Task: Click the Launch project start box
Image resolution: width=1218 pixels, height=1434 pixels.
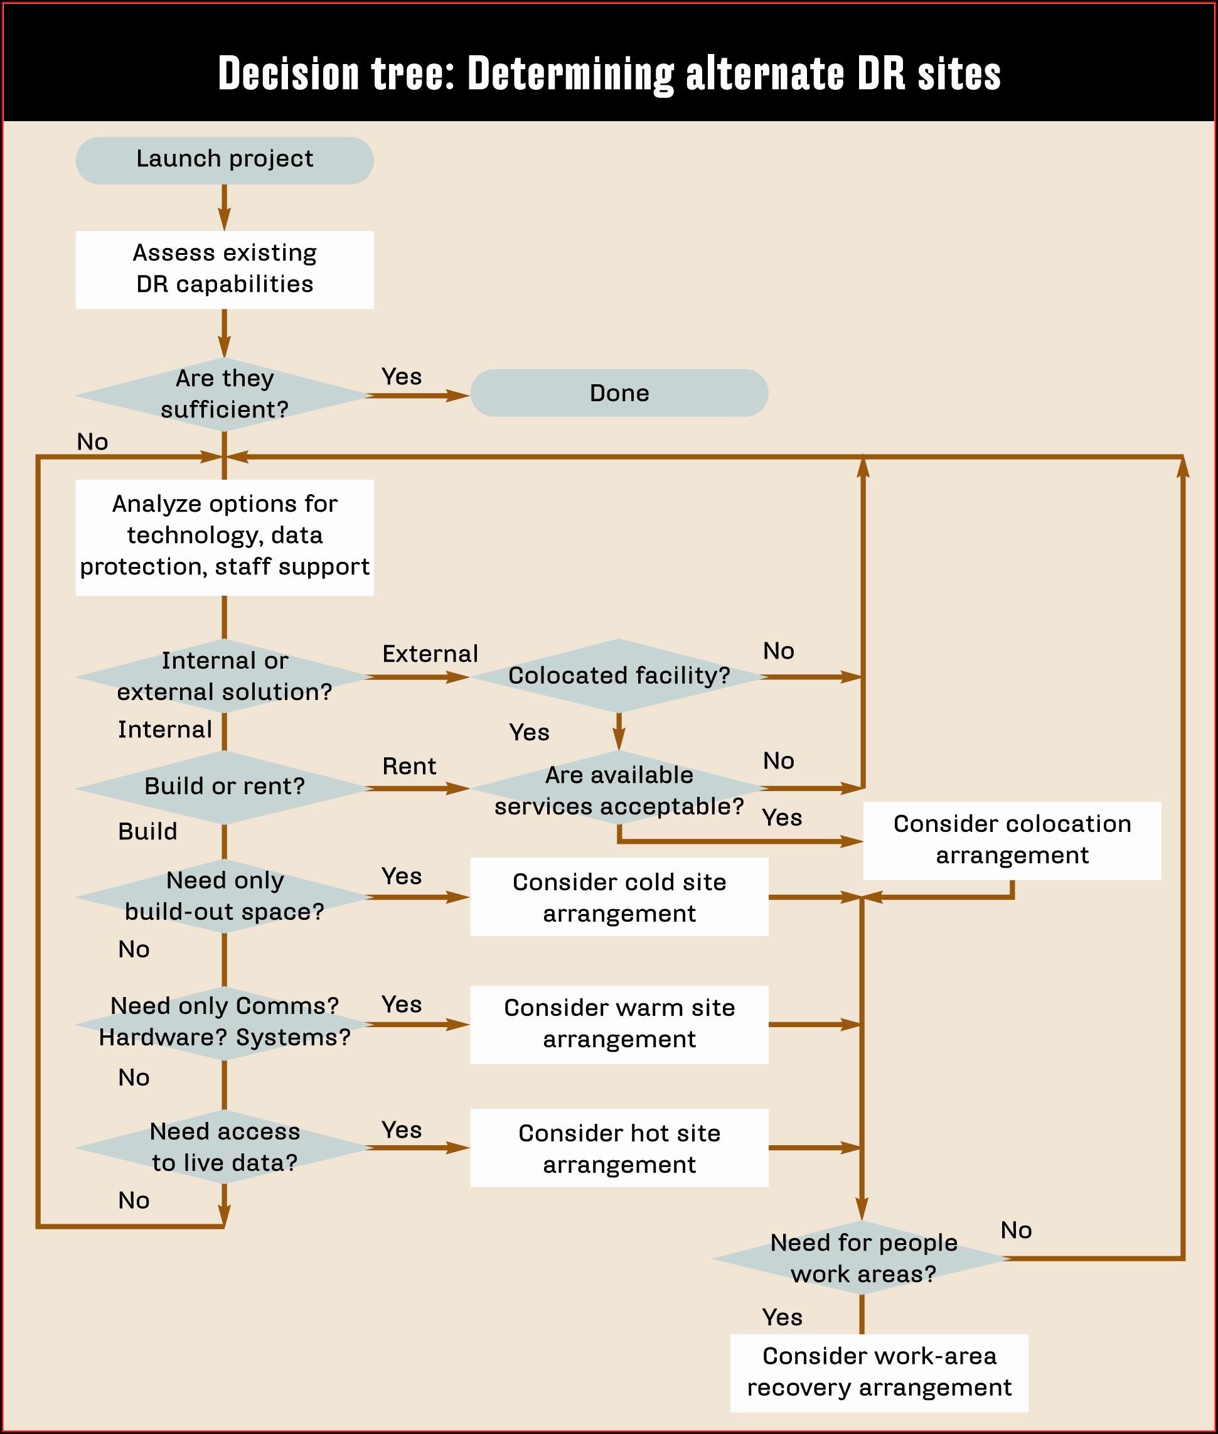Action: coord(225,160)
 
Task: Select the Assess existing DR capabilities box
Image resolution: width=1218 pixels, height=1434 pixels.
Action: coord(225,269)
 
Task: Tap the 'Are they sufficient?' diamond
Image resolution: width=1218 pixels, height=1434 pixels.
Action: coord(225,394)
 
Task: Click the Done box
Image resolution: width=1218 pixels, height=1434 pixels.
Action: coord(619,393)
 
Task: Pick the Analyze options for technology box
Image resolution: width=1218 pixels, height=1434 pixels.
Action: coord(225,537)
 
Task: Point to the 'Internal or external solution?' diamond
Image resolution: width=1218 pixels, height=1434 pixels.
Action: coord(225,676)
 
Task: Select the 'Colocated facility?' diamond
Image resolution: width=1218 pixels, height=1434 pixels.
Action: coord(619,676)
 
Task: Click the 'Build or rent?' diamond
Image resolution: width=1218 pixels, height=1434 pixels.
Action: coord(225,787)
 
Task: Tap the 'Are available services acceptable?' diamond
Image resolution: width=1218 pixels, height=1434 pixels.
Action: coord(619,790)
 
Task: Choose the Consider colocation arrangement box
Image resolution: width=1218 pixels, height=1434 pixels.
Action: coord(1012,840)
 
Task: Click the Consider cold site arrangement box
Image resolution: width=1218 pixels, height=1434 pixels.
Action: coord(619,897)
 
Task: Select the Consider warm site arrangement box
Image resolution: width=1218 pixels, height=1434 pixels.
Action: coord(619,1023)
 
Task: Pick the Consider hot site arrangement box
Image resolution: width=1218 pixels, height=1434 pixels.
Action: coord(619,1149)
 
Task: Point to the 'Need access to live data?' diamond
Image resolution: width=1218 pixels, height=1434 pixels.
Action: coord(225,1147)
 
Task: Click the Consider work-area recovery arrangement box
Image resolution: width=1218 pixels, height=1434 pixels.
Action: coord(879,1372)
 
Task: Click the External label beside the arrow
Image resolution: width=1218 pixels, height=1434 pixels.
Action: coord(429,654)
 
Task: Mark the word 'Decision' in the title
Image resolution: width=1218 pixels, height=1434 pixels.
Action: coord(289,74)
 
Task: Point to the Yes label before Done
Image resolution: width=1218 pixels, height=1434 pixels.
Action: coord(401,377)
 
